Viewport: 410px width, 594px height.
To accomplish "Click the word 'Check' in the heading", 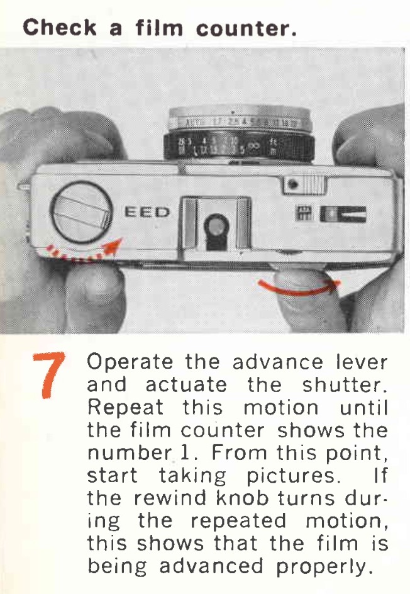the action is point(60,27).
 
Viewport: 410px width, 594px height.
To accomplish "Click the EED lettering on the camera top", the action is point(147,212).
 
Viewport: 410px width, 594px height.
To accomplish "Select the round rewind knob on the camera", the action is point(82,212).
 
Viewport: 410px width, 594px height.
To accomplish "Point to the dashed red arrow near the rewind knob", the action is point(81,253).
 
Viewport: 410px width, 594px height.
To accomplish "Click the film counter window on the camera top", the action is point(343,214).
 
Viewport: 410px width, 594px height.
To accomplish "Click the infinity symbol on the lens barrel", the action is point(254,147).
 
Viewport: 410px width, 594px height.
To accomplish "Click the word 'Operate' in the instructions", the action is point(130,363).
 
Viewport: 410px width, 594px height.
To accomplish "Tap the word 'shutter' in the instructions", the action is point(345,385).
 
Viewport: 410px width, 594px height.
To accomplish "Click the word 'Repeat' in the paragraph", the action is point(125,408).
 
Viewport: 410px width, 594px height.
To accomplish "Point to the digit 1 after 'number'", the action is point(184,453).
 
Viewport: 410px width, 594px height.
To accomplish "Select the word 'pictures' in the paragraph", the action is point(291,476).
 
